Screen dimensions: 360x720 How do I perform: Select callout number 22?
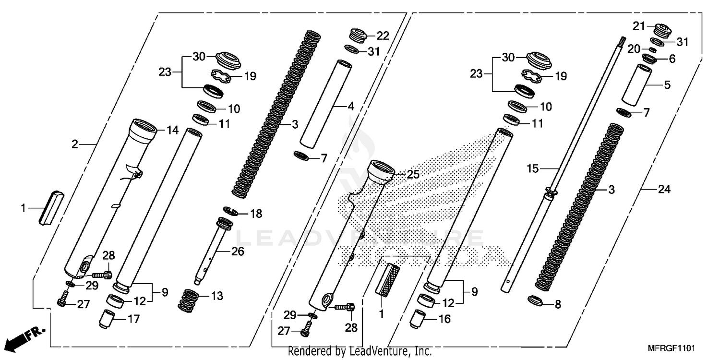pyautogui.click(x=383, y=36)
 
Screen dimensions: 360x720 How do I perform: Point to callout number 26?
pyautogui.click(x=238, y=251)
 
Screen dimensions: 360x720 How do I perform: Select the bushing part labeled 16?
pyautogui.click(x=418, y=319)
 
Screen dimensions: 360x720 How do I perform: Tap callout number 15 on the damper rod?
pyautogui.click(x=533, y=169)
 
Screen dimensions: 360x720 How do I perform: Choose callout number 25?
pyautogui.click(x=413, y=175)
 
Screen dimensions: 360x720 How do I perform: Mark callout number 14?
pyautogui.click(x=172, y=130)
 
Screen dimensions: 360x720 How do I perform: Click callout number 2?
pyautogui.click(x=75, y=144)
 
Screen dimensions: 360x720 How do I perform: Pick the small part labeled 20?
pyautogui.click(x=653, y=49)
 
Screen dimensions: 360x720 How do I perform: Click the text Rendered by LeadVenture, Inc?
pyautogui.click(x=360, y=352)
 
